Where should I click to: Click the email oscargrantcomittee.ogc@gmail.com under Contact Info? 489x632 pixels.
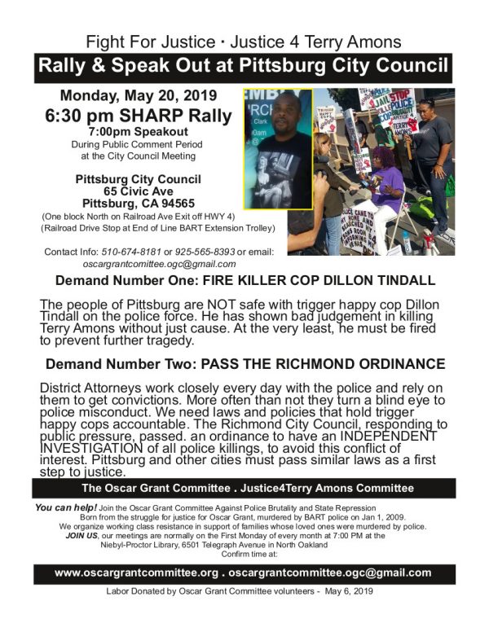159,263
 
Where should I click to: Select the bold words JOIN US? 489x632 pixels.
81,528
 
